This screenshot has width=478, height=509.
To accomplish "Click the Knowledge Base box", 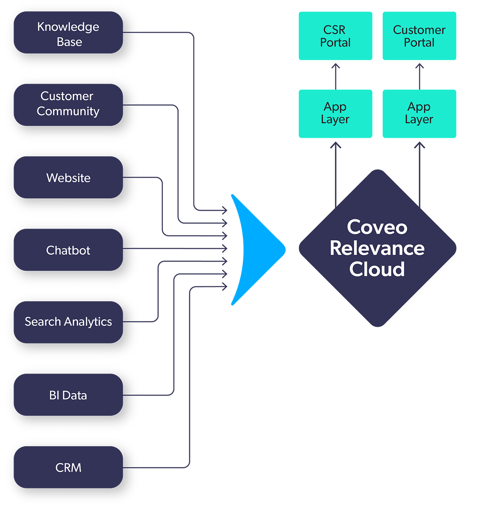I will coord(68,33).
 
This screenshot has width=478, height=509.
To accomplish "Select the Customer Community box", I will coord(68,105).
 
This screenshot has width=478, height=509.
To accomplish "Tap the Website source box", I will coord(68,178).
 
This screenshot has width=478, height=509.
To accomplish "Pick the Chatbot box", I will coord(68,250).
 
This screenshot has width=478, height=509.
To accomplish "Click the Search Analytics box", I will coord(68,322).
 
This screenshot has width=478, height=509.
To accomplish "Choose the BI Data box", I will coord(68,395).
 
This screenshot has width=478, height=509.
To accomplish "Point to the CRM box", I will coord(68,467).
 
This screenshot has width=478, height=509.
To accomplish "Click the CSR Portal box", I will coord(335,36).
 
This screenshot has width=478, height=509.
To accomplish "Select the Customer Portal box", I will coord(419,36).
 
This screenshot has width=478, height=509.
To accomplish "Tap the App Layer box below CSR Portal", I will coord(335,114).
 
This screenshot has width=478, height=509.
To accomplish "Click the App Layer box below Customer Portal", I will coord(419,114).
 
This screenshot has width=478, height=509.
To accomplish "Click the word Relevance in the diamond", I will coord(377,248).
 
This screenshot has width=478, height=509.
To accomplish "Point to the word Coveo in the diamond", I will coord(377,227).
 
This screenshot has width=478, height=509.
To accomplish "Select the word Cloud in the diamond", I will coord(377,269).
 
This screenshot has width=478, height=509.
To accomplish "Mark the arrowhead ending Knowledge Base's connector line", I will coord(225,210).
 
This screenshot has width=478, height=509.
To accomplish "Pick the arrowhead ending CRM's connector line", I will coord(225,286).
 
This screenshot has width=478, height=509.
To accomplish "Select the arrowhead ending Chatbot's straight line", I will coord(225,249).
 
